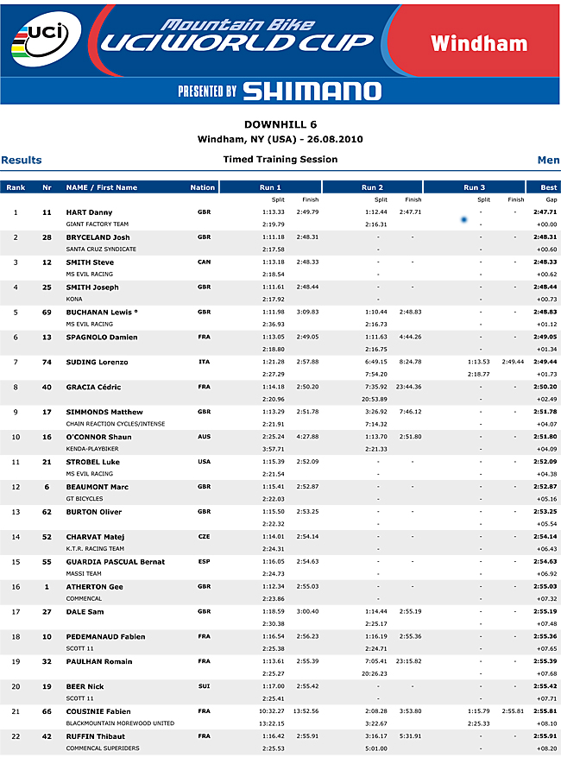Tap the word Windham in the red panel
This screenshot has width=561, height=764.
click(479, 43)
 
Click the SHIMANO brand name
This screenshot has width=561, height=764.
click(312, 91)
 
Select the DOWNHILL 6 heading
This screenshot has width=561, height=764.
click(280, 124)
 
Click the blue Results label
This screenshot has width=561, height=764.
click(22, 160)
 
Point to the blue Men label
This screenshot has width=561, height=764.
click(548, 160)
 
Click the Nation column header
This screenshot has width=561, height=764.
click(203, 187)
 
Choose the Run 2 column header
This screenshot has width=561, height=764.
click(373, 187)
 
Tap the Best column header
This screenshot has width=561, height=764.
click(548, 187)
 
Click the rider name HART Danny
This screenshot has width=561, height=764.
click(89, 212)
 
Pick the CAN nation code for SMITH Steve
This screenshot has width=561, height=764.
click(205, 262)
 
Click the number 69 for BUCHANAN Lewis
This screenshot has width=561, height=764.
click(47, 313)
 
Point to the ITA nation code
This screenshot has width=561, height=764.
click(205, 363)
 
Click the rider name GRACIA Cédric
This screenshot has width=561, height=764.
click(93, 388)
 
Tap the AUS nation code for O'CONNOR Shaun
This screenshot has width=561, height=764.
click(205, 438)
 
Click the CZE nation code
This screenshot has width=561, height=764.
click(205, 537)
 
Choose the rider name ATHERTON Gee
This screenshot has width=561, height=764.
click(94, 587)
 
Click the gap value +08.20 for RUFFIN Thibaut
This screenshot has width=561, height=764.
click(546, 748)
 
